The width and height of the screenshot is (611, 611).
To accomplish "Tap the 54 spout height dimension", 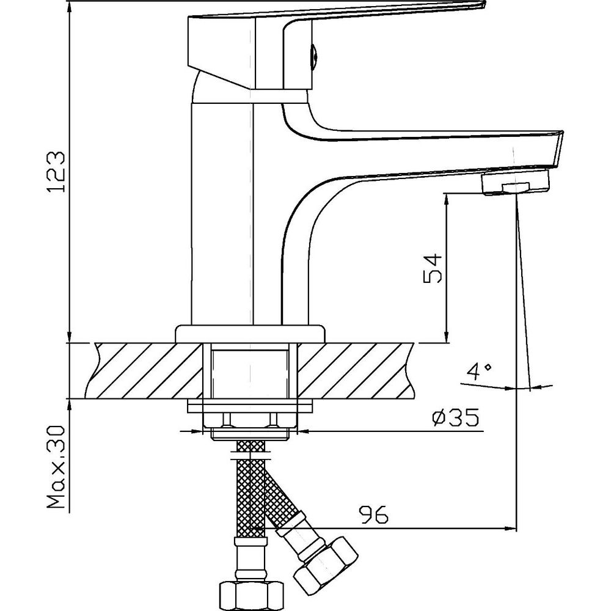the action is [x=433, y=268].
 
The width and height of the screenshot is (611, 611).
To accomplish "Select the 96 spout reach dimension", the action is [x=374, y=514].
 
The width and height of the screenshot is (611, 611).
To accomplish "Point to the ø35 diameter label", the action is [x=455, y=418].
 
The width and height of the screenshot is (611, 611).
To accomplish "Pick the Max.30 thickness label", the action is [x=56, y=467].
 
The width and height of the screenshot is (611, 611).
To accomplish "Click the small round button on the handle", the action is [x=315, y=54].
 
